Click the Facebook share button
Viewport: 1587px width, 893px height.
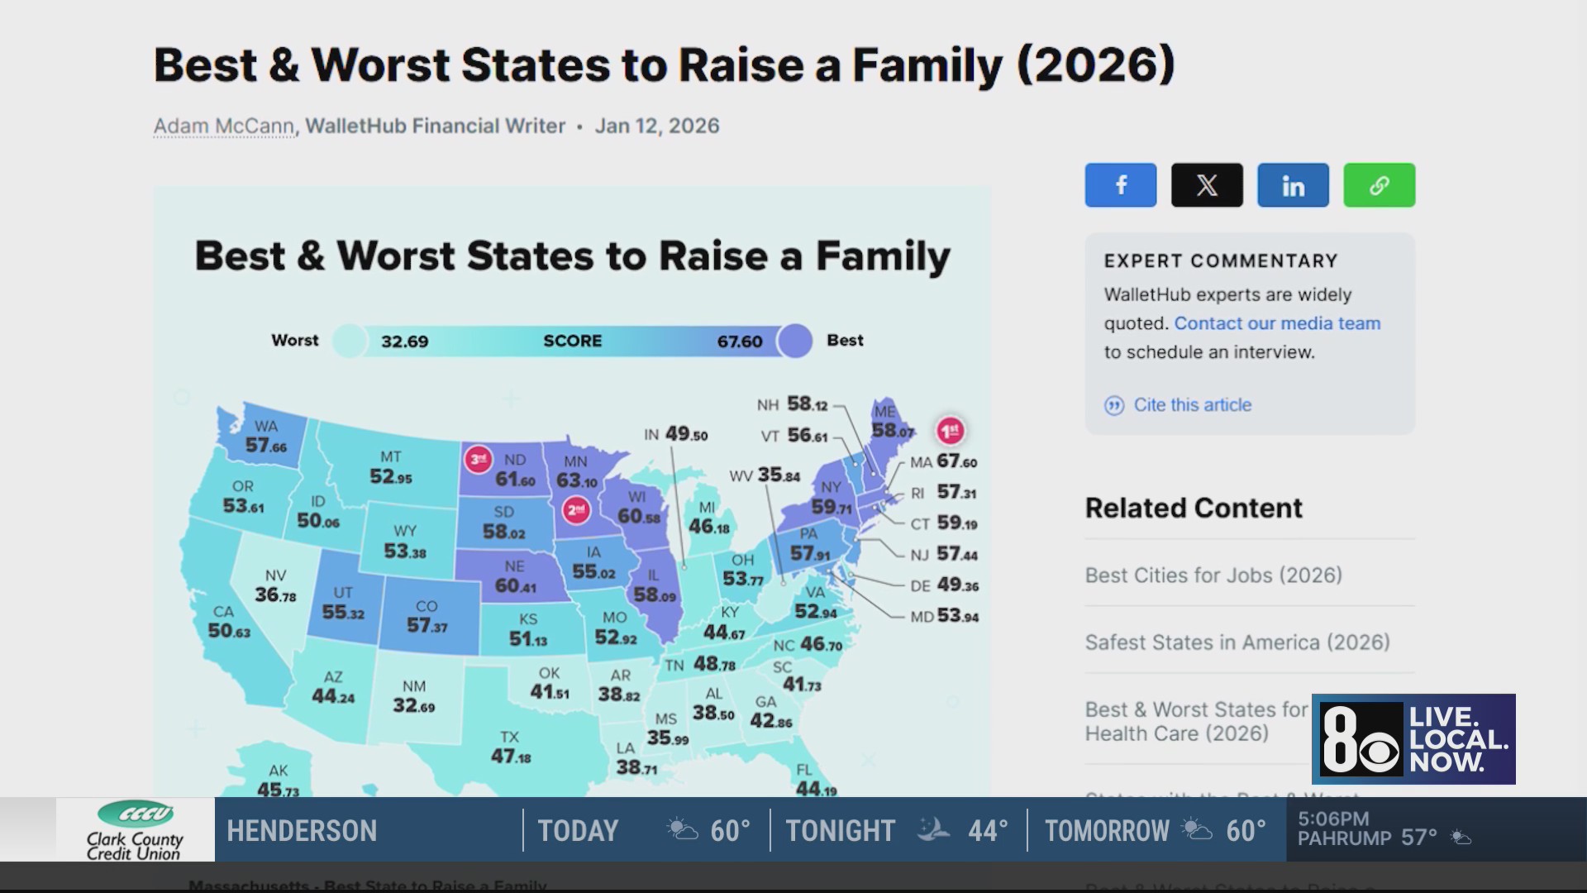[1120, 185]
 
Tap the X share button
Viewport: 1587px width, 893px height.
[1207, 185]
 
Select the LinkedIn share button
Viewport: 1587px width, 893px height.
[1293, 185]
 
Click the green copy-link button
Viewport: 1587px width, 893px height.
[1379, 185]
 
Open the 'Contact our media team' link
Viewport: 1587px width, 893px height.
[1277, 323]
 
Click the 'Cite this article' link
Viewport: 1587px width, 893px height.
[1192, 405]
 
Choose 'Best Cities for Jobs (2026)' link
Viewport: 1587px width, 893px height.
[1213, 575]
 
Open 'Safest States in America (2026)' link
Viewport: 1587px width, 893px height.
[1237, 642]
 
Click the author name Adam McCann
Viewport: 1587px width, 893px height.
[224, 127]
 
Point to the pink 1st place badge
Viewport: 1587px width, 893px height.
[950, 430]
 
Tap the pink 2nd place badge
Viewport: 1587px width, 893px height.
[575, 510]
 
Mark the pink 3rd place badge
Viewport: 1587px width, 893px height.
[478, 459]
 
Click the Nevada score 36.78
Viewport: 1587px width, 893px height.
[275, 595]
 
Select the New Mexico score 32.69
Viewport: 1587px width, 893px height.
[413, 705]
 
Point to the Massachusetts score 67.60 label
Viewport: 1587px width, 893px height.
[956, 461]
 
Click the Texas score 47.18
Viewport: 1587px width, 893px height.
[511, 756]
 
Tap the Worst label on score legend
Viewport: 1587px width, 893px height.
[294, 341]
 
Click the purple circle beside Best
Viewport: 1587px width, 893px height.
[795, 341]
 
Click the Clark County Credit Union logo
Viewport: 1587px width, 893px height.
[135, 829]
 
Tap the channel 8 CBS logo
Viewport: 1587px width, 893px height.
[1361, 739]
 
